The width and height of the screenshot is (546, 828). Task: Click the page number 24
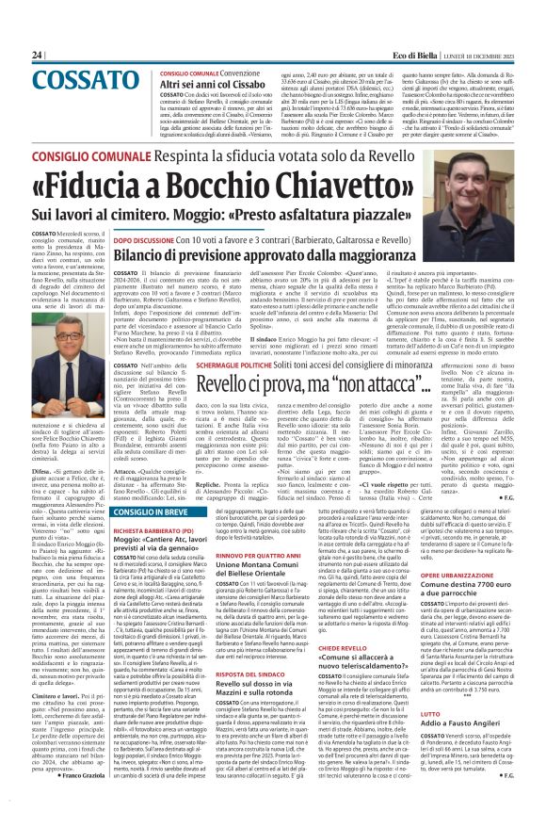pyautogui.click(x=14, y=57)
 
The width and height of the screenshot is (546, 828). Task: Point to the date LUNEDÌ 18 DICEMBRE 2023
pyautogui.click(x=504, y=57)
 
